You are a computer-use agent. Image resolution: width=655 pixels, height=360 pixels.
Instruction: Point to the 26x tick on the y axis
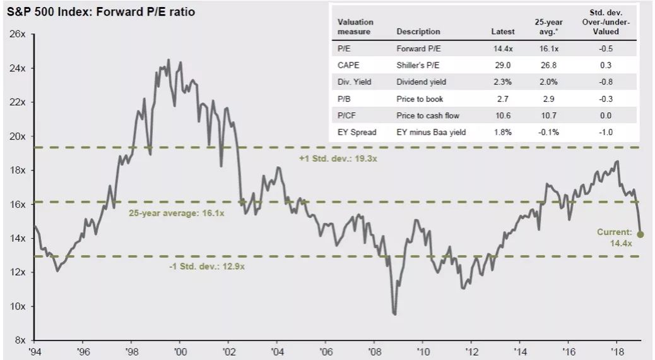coord(18,34)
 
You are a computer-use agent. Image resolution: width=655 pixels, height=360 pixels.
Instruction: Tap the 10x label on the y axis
coord(18,306)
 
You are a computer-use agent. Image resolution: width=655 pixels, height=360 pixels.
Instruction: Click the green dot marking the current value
coord(640,234)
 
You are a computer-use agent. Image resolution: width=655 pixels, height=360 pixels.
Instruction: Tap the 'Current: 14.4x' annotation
coord(615,237)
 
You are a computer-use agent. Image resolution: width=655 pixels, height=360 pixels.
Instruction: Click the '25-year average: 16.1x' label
coord(176,213)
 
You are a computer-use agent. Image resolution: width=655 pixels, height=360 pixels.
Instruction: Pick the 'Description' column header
coord(418,32)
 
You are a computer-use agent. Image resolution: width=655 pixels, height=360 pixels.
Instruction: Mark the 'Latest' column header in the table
coord(503,32)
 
